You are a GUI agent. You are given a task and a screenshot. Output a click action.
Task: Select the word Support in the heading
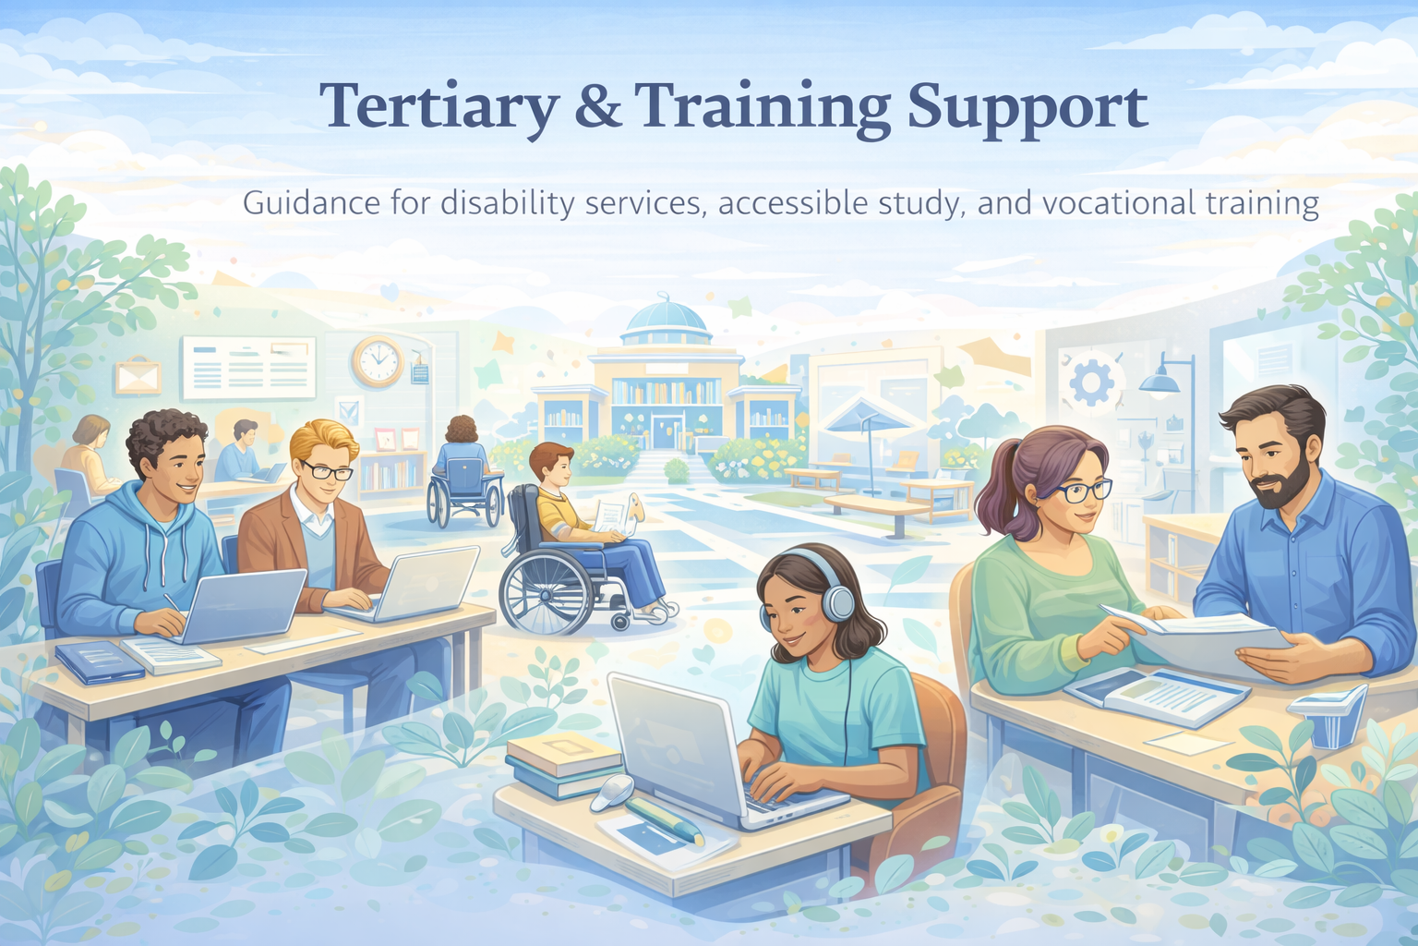(x=1027, y=109)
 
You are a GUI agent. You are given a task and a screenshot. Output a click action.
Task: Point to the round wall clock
(x=378, y=361)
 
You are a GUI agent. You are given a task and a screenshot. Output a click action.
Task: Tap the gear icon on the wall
(x=1090, y=382)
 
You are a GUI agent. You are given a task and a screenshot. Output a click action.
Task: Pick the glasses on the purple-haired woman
(x=1079, y=491)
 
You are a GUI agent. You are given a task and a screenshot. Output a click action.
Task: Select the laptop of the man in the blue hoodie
(x=244, y=604)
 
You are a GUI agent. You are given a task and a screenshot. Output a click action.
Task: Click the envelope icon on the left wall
(x=138, y=375)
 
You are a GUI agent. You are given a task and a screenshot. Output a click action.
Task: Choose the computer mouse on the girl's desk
(x=613, y=792)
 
